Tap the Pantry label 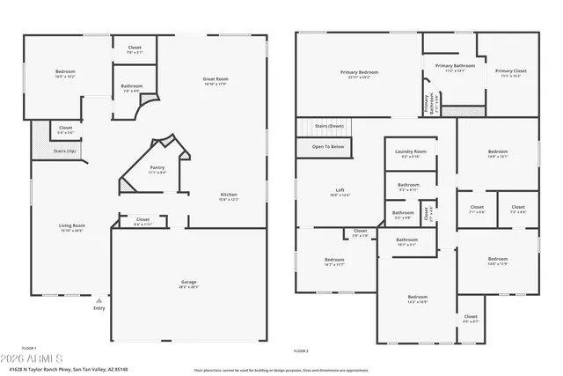(x=157, y=169)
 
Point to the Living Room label (x=72, y=227)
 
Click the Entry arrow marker (x=99, y=299)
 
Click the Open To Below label (x=328, y=146)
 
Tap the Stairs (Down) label (x=328, y=127)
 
